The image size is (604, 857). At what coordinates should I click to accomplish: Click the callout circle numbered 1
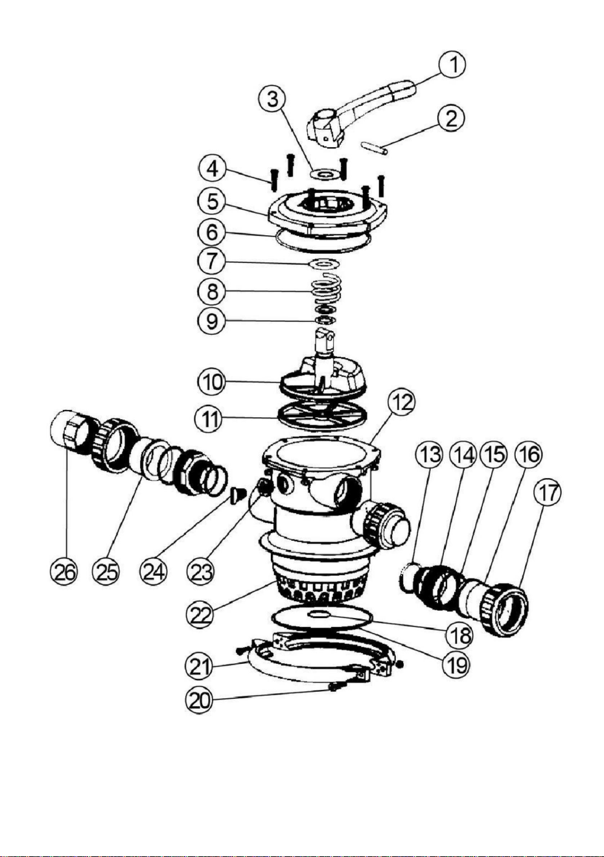point(452,65)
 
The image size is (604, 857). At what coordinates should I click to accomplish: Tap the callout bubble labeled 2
point(451,119)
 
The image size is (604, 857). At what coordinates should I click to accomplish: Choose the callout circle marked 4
point(213,170)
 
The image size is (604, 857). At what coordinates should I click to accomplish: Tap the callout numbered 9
point(212,321)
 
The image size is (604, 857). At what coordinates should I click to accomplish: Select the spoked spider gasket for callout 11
point(322,415)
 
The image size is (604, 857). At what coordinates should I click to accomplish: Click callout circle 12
point(401,405)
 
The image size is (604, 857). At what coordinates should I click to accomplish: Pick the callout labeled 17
point(548,494)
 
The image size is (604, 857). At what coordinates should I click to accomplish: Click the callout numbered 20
point(199,701)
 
